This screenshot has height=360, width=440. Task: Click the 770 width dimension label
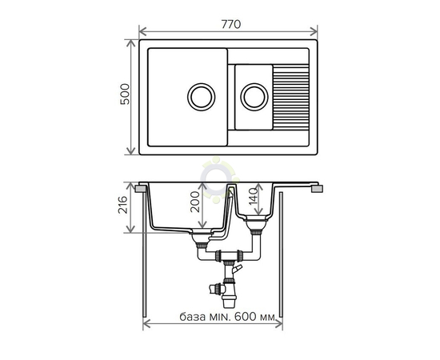click(x=231, y=25)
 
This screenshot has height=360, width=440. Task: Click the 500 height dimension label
click(x=125, y=94)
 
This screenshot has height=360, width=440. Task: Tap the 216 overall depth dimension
click(x=122, y=205)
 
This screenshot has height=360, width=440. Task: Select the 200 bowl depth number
click(x=194, y=202)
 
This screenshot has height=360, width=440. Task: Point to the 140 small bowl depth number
click(x=253, y=197)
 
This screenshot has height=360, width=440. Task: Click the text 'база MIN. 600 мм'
click(x=227, y=317)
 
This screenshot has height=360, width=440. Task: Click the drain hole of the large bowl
click(x=201, y=97)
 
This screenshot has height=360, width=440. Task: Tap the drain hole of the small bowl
click(x=254, y=97)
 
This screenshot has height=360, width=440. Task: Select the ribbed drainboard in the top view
click(x=291, y=96)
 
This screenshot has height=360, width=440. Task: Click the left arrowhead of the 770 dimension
click(x=142, y=32)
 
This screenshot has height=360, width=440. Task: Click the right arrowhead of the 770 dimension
click(x=314, y=32)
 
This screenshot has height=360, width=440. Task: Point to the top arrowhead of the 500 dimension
click(x=130, y=43)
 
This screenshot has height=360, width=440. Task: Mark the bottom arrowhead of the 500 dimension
click(x=130, y=151)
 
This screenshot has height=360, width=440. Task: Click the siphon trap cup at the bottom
click(x=230, y=302)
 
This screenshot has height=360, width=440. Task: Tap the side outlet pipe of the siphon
click(x=217, y=289)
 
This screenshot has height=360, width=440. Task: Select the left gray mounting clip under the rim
click(x=140, y=189)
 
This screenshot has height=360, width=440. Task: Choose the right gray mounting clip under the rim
click(x=318, y=189)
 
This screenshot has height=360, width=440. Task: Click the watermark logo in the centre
click(x=218, y=179)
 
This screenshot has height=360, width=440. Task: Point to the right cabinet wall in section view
click(x=281, y=254)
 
